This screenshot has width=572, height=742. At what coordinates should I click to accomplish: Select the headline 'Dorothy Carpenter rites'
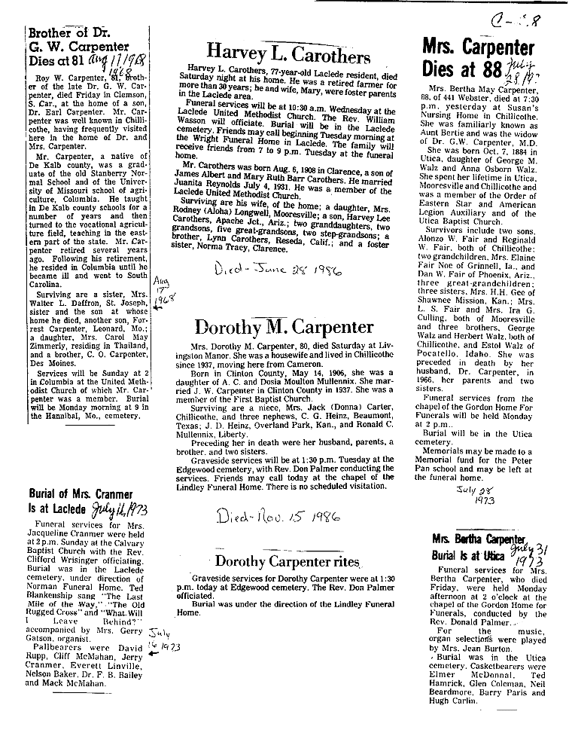284,560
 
